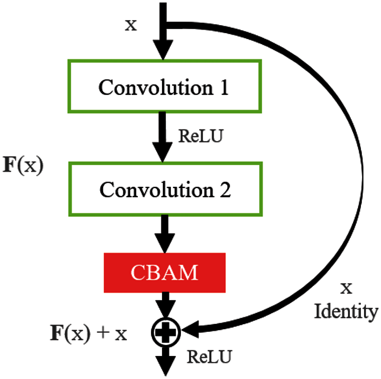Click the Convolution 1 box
click(163, 87)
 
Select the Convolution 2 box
click(163, 189)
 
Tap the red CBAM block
click(164, 272)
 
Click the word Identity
click(346, 312)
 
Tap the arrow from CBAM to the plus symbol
click(164, 304)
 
